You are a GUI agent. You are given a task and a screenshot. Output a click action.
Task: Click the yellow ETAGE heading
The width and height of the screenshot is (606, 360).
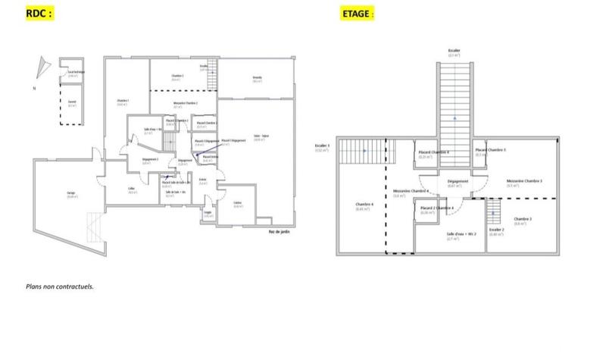pyautogui.click(x=357, y=14)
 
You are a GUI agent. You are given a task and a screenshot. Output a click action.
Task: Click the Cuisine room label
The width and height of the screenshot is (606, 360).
pyautogui.click(x=238, y=203)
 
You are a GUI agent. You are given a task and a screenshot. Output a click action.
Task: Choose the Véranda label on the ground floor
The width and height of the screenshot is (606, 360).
pyautogui.click(x=257, y=79)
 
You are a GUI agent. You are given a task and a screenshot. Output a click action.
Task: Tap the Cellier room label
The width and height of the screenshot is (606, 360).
pyautogui.click(x=132, y=190)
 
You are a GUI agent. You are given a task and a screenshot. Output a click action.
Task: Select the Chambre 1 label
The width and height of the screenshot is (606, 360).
pyautogui.click(x=122, y=102)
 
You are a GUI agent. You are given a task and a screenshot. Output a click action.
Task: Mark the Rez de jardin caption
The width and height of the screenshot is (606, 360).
pyautogui.click(x=279, y=231)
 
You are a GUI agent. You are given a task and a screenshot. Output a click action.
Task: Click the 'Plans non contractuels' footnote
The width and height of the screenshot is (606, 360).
pyautogui.click(x=59, y=287)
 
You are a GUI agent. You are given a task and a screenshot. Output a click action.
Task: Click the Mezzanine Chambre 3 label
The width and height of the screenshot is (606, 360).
pyautogui.click(x=523, y=182)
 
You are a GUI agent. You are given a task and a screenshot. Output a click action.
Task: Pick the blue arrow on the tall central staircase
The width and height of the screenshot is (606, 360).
pyautogui.click(x=454, y=119)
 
